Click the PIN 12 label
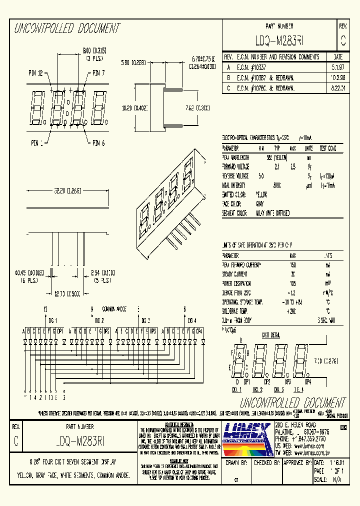pos(35,73)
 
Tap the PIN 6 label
pos(98,143)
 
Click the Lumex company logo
pos(246,433)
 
